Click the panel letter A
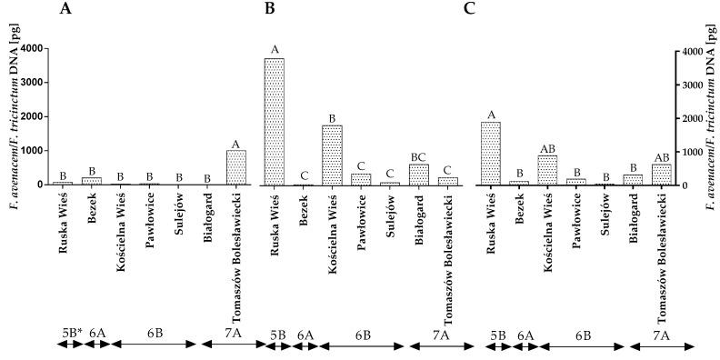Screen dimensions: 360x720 (x=65, y=10)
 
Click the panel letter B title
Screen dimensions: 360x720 (x=269, y=10)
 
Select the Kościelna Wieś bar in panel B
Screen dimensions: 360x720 (x=333, y=155)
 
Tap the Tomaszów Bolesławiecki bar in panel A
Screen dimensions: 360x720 (x=236, y=167)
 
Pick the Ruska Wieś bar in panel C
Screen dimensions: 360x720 (x=491, y=154)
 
